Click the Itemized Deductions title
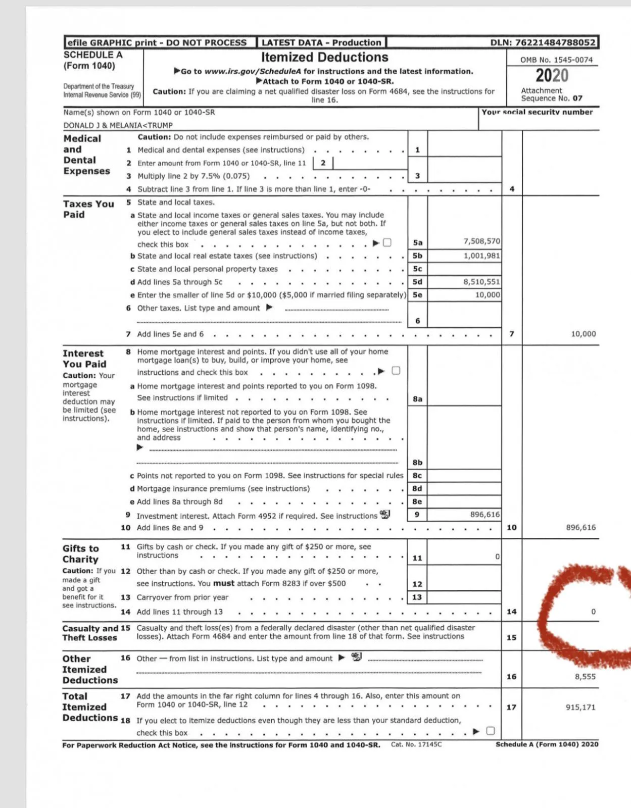pyautogui.click(x=324, y=58)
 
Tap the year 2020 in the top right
pyautogui.click(x=552, y=76)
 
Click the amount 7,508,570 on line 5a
pyautogui.click(x=481, y=241)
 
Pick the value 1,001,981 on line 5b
pyautogui.click(x=481, y=256)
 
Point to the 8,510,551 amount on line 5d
pyautogui.click(x=481, y=282)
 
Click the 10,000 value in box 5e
pyautogui.click(x=487, y=295)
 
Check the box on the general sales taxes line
pyautogui.click(x=387, y=242)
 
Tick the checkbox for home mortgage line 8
pyautogui.click(x=396, y=371)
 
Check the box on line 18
pyautogui.click(x=490, y=731)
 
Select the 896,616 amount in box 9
pyautogui.click(x=484, y=515)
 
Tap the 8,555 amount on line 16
pyautogui.click(x=585, y=677)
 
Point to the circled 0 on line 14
pyautogui.click(x=593, y=612)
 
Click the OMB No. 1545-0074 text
pyautogui.click(x=556, y=60)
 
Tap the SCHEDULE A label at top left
pyautogui.click(x=93, y=55)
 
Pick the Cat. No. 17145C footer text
pyautogui.click(x=416, y=744)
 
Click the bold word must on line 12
pyautogui.click(x=223, y=584)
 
